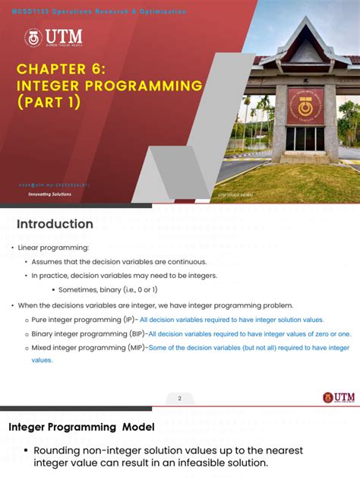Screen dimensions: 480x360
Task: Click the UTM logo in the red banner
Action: pyautogui.click(x=54, y=38)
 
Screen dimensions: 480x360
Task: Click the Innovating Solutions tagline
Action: pyautogui.click(x=50, y=194)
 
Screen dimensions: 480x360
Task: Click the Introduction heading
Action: pyautogui.click(x=55, y=224)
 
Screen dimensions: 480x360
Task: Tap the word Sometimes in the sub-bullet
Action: pyautogui.click(x=76, y=289)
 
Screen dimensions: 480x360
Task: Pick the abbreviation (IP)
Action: pyautogui.click(x=128, y=320)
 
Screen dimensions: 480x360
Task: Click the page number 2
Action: pyautogui.click(x=180, y=397)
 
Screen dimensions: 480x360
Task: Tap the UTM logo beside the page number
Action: pyautogui.click(x=338, y=397)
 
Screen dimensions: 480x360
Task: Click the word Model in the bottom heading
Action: pyautogui.click(x=137, y=427)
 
